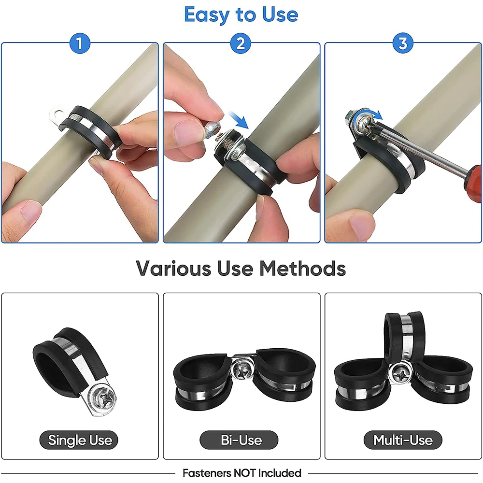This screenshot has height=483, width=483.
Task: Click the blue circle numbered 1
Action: tap(80, 43)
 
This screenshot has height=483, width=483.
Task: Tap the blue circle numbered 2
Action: tap(241, 43)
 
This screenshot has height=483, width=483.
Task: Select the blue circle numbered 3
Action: tap(403, 43)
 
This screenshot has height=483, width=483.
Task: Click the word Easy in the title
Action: tap(207, 15)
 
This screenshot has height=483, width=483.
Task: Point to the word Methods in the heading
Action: tap(303, 268)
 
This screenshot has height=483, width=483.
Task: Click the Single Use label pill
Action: tap(79, 440)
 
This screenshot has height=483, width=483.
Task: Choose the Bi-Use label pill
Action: tap(239, 440)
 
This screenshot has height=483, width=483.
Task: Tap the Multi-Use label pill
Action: tap(403, 440)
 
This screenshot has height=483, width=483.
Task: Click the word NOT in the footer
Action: tap(245, 473)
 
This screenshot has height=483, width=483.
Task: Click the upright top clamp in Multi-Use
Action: tap(404, 336)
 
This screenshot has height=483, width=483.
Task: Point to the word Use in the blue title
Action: tap(280, 14)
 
